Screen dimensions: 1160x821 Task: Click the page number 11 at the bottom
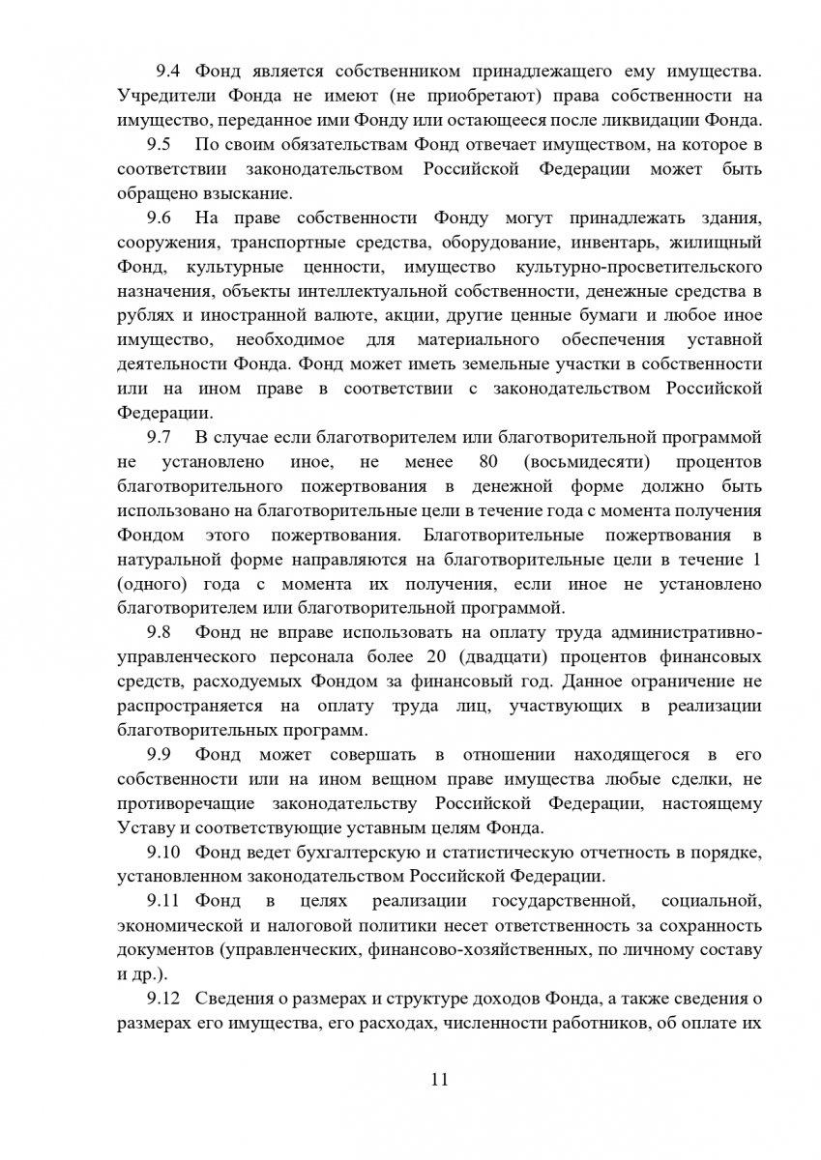tap(439, 1080)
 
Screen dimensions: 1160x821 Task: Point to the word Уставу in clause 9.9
tap(145, 827)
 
